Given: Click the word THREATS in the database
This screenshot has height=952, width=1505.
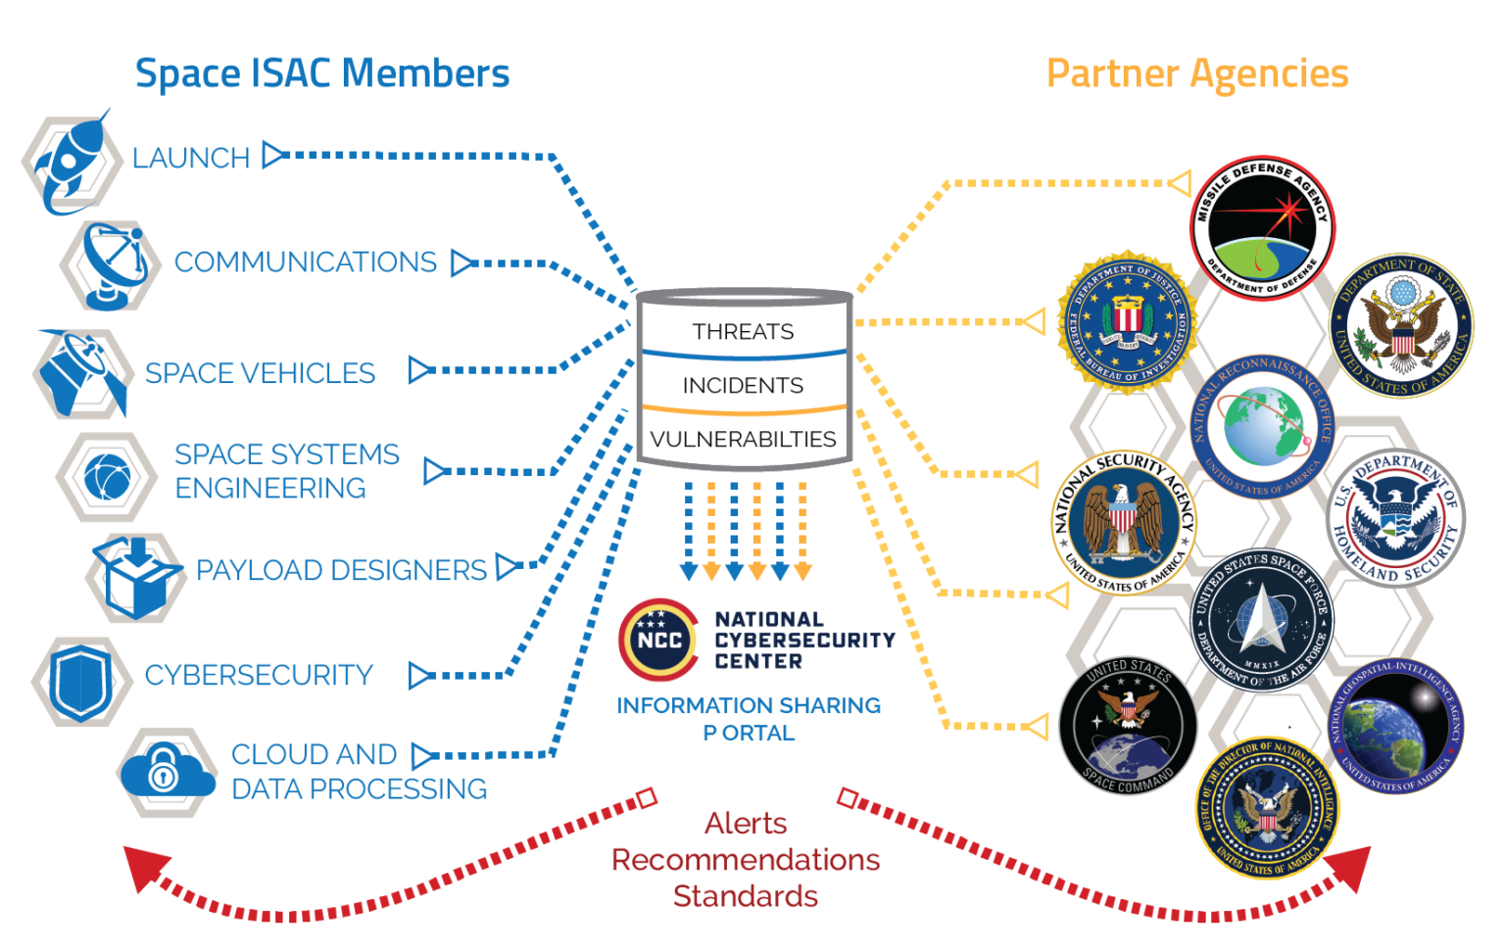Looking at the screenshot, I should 743,332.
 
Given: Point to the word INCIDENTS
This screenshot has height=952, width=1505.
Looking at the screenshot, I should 743,386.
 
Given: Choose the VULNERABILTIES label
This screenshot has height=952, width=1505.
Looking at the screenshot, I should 743,439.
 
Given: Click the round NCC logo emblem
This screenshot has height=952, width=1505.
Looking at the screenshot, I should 658,641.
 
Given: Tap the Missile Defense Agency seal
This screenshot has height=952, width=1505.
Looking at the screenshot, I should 1262,228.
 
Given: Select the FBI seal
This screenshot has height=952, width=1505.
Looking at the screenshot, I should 1127,321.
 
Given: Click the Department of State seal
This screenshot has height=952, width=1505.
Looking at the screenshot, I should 1401,326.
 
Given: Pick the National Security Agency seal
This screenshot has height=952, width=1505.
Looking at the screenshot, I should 1124,522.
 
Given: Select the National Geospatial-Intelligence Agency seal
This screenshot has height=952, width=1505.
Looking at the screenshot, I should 1395,726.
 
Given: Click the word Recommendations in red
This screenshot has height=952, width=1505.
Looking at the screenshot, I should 746,860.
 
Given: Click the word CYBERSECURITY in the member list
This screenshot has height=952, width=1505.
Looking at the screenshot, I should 259,675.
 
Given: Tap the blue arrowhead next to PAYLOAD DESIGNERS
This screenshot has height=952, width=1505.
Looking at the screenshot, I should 507,567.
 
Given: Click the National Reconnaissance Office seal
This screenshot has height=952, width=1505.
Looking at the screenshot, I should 1262,427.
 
